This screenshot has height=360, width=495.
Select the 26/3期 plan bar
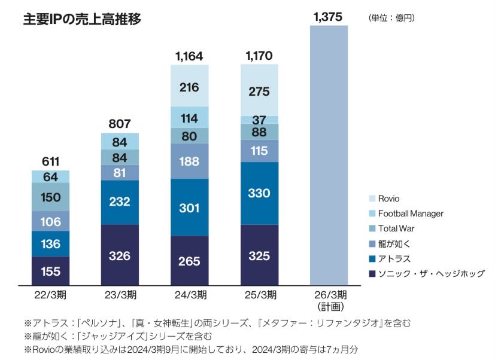point(329,155)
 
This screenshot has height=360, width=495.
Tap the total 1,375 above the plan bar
point(328,17)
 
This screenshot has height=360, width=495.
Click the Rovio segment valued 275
point(259,91)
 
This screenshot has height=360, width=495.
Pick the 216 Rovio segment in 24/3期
point(190,86)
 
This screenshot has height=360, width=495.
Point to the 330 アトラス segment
point(259,193)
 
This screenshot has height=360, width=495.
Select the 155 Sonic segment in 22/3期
point(50,271)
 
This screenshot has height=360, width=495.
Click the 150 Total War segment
point(50,197)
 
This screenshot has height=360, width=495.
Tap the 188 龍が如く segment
point(190,161)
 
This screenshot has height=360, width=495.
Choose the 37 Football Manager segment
point(259,120)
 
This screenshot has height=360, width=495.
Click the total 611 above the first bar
point(50,162)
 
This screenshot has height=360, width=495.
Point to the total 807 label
point(120,124)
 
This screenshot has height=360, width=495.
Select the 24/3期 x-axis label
point(190,295)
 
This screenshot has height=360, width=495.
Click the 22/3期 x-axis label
point(50,295)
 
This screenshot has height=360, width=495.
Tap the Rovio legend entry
point(388,199)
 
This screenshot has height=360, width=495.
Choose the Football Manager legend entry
point(410,213)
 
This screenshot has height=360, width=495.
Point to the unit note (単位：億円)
point(391,18)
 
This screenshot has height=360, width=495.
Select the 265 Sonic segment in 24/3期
point(190,261)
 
